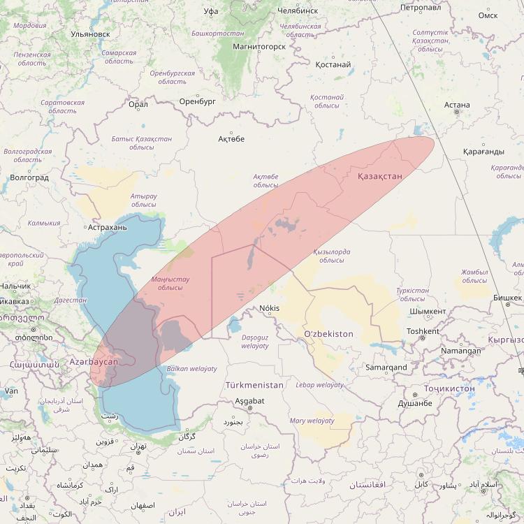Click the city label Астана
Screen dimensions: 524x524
click(x=457, y=105)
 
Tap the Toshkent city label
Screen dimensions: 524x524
click(x=423, y=331)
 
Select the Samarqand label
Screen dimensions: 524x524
click(x=386, y=367)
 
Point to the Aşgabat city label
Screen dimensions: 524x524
click(x=249, y=400)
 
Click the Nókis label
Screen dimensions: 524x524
click(x=268, y=308)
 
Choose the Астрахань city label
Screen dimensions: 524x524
click(x=107, y=227)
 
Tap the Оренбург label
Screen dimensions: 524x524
click(x=198, y=101)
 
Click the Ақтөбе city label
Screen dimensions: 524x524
click(x=231, y=139)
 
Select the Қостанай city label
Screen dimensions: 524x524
click(x=333, y=65)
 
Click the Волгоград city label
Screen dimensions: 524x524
click(x=30, y=177)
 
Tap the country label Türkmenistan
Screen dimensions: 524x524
click(x=254, y=385)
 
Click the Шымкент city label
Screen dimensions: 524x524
click(x=428, y=312)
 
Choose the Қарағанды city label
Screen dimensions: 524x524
click(x=483, y=152)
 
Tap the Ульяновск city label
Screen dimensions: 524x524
click(x=91, y=33)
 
